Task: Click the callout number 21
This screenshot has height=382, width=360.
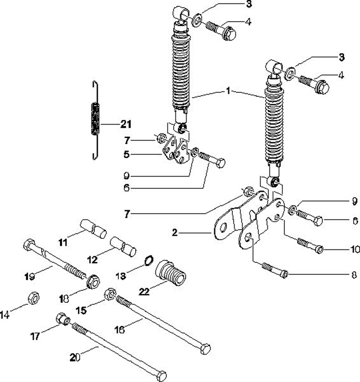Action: [126, 124]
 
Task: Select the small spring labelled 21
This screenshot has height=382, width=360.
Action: [95, 120]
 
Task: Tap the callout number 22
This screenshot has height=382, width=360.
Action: [144, 291]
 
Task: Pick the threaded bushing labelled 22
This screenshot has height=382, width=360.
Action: [170, 273]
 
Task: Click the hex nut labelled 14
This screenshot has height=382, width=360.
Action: [33, 297]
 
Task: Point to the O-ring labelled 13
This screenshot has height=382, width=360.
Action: [149, 260]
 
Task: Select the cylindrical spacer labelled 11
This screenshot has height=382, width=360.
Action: [93, 228]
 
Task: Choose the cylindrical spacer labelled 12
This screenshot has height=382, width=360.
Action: [123, 246]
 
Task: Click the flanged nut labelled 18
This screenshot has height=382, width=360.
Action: [93, 281]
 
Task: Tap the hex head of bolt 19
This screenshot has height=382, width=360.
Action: [29, 244]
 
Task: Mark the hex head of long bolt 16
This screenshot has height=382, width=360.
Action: [205, 349]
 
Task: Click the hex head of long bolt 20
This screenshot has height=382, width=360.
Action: [161, 376]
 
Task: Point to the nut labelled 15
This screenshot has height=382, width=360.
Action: [110, 294]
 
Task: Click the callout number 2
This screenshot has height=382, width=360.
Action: [174, 233]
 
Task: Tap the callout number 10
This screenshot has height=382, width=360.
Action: [355, 249]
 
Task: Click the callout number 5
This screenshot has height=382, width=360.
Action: [126, 154]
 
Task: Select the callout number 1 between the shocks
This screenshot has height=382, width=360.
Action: [228, 91]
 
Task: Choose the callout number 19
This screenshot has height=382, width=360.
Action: [29, 276]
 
